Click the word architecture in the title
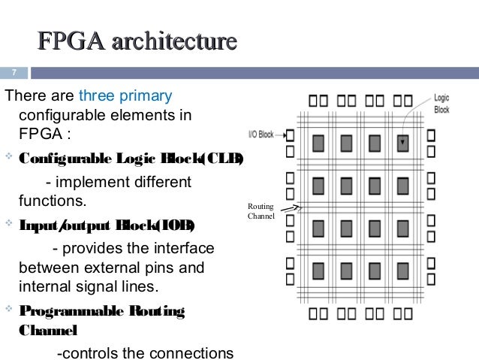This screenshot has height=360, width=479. click(173, 41)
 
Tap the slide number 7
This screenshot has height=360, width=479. click(13, 73)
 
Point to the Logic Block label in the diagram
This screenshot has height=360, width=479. click(442, 103)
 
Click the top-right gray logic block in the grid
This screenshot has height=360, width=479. click(404, 142)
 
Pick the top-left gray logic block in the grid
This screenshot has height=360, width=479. click(319, 142)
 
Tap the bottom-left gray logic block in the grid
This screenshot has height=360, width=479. click(319, 268)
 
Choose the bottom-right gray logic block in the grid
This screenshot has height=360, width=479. click(404, 268)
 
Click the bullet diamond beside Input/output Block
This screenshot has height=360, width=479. click(8, 224)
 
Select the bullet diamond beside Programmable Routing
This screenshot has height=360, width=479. click(8, 309)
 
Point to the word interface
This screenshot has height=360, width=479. click(185, 248)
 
